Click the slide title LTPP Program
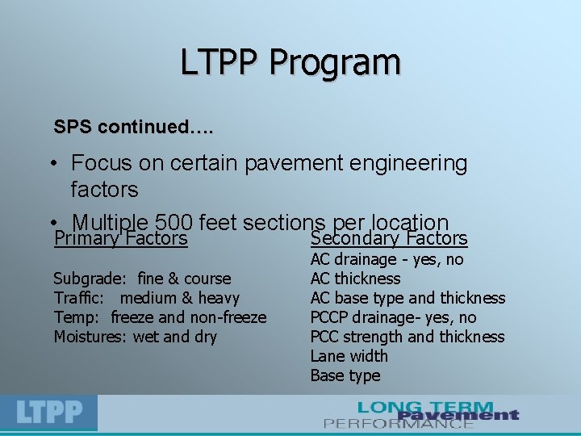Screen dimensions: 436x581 [x=290, y=62]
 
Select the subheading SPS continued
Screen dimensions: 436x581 [x=134, y=128]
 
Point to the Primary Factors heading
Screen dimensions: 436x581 [x=120, y=238]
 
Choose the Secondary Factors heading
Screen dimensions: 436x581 [x=389, y=238]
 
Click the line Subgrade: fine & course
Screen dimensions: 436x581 [x=142, y=279]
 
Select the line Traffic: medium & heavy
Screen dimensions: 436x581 [x=146, y=298]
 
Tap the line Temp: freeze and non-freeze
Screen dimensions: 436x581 [x=160, y=317]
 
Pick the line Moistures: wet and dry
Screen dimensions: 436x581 [x=135, y=337]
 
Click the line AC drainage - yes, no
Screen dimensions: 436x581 [x=387, y=259]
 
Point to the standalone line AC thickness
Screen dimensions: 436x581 [x=355, y=279]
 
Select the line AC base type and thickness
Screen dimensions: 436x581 [x=408, y=298]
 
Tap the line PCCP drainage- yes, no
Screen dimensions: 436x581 [x=393, y=317]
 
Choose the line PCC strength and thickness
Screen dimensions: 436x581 [x=407, y=337]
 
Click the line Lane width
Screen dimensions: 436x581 [x=349, y=356]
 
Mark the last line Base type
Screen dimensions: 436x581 [x=345, y=375]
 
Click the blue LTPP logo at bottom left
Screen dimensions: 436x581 [x=49, y=413]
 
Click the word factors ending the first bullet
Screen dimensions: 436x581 [x=104, y=191]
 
